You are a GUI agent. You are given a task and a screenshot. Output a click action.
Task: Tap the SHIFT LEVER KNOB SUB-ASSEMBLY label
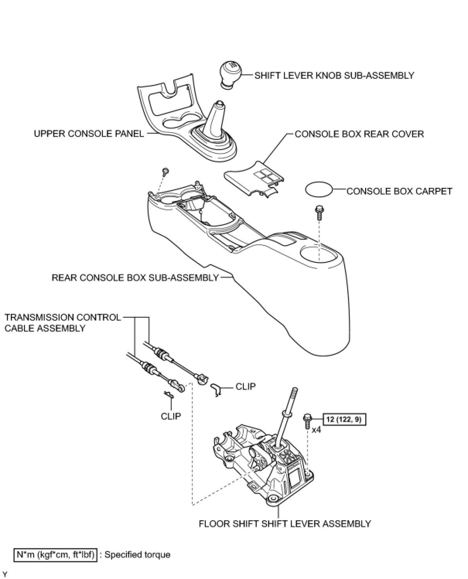point(334,75)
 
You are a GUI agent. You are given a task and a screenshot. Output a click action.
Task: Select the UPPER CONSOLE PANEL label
point(89,134)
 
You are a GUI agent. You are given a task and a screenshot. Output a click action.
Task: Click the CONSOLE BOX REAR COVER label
point(359,134)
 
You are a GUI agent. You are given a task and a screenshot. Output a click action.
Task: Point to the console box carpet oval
point(319,190)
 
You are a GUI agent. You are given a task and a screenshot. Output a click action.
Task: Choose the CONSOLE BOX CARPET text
point(399,191)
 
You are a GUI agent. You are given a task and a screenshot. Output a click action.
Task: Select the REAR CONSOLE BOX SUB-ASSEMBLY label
point(135,278)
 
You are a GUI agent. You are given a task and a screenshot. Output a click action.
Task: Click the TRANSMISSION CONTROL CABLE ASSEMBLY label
point(63,323)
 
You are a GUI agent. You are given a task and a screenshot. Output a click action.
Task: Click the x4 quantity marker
point(316,429)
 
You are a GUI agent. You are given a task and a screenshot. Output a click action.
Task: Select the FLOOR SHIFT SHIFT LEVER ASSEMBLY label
point(285,524)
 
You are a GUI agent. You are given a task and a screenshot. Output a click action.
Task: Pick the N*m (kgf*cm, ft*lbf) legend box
point(55,555)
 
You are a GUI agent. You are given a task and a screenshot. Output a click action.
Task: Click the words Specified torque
point(137,555)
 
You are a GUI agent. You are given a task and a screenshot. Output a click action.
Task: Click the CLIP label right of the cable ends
point(245,387)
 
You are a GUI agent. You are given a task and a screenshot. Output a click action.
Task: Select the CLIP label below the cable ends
point(171,416)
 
